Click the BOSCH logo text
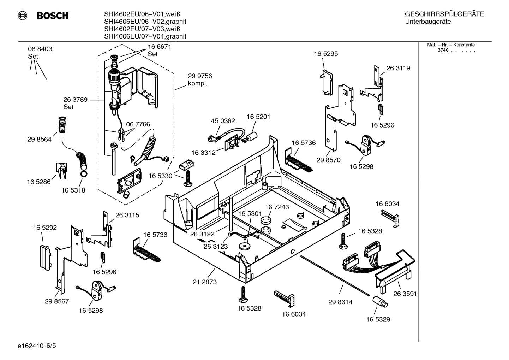coord(52,16)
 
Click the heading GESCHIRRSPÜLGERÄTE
coord(444,14)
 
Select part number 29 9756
coord(200,76)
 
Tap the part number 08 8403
coord(40,49)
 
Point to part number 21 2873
coord(205,282)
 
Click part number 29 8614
coord(340,302)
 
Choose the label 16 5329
coord(378,319)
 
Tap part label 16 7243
coord(277,207)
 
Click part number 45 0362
coord(223,121)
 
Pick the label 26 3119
coord(398,68)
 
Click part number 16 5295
coord(326,54)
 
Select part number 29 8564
coord(39,139)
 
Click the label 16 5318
coord(73,190)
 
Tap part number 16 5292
coord(45,228)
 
